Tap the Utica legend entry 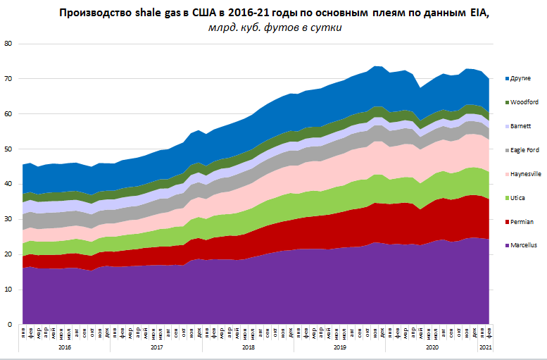pos(519,198)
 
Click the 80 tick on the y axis pos(8,44)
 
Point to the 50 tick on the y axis pos(8,149)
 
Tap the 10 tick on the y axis pos(8,290)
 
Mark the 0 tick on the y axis pos(11,325)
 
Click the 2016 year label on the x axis pos(65,347)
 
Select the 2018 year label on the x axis pos(248,347)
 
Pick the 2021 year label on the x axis pos(485,347)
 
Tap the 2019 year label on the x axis pos(339,347)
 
